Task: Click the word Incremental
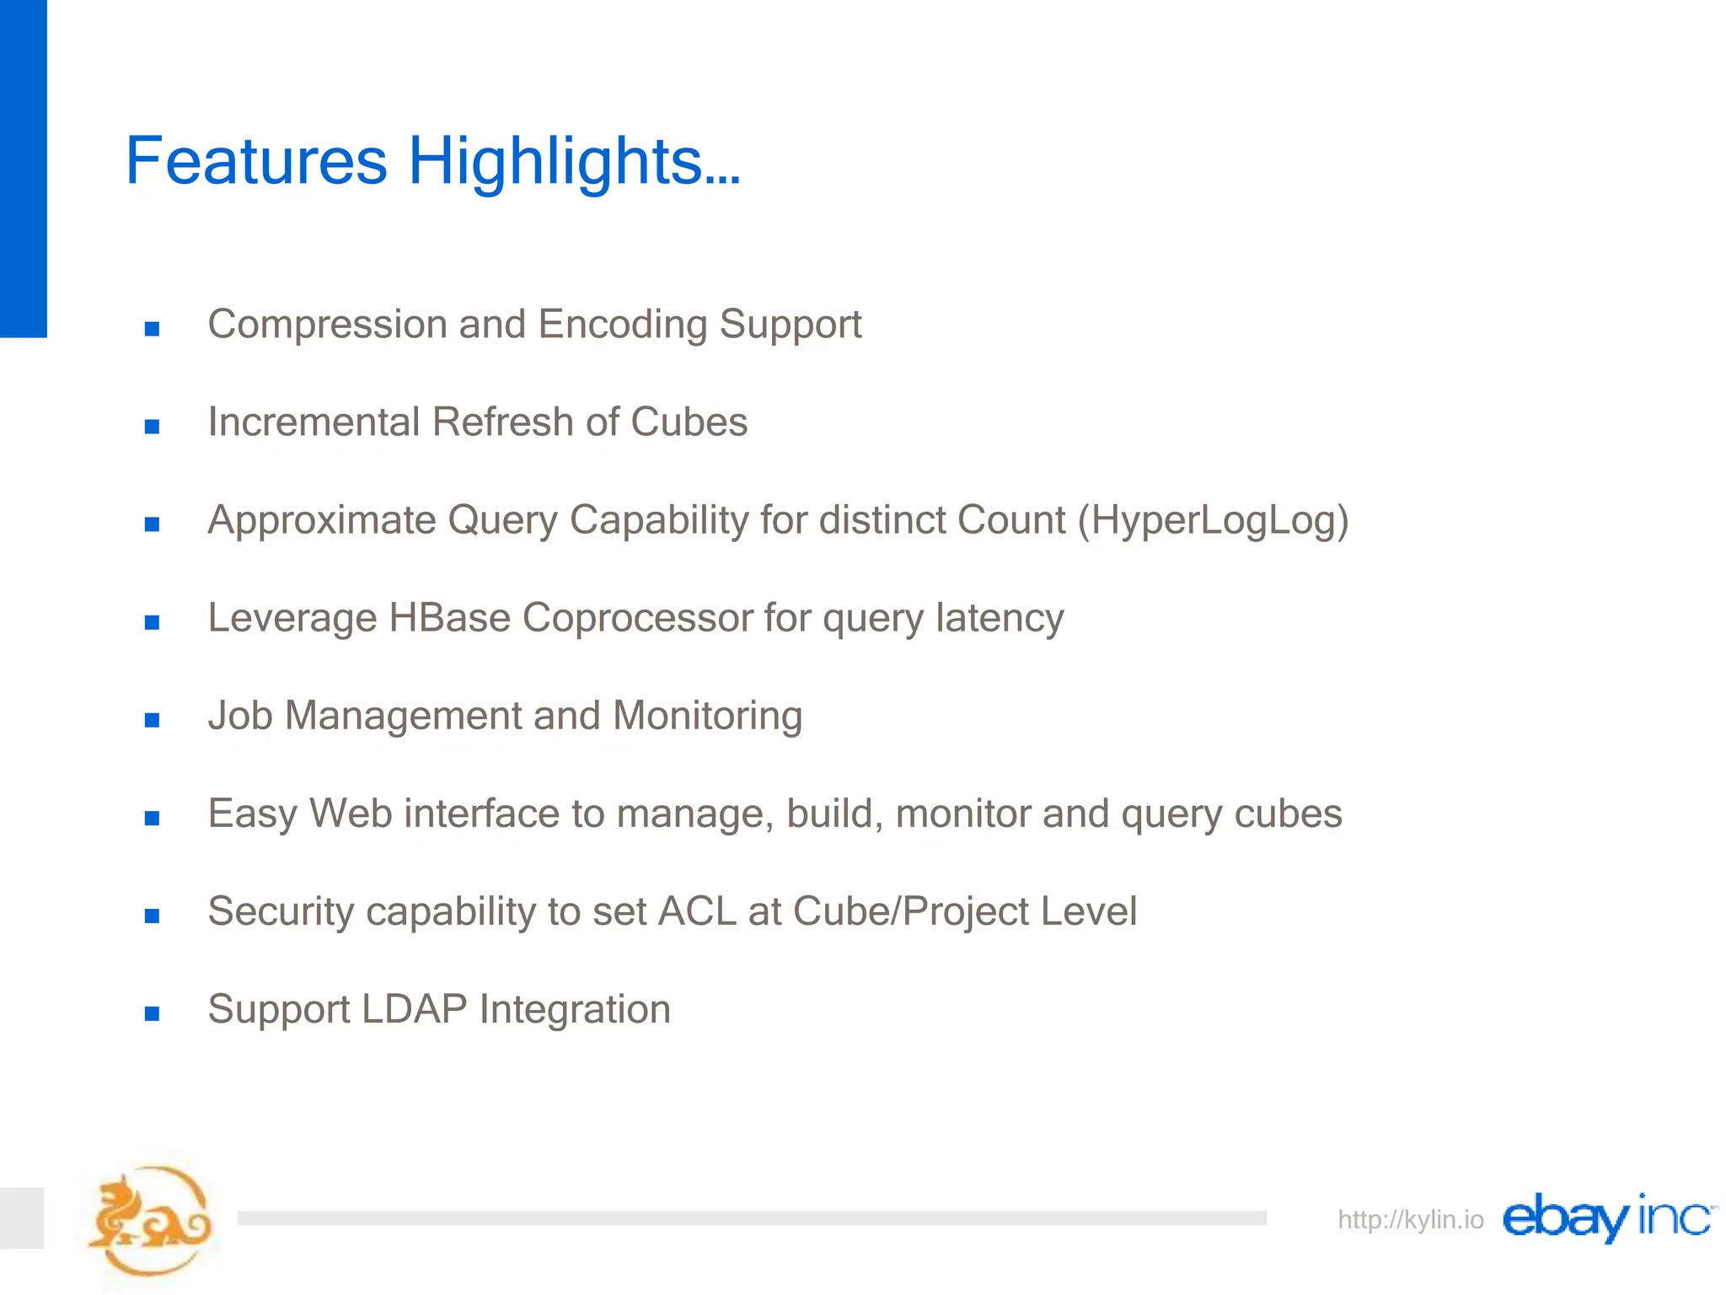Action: tap(314, 422)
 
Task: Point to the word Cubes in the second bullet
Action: tap(689, 422)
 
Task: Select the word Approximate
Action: tap(321, 521)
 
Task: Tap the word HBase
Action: tap(449, 618)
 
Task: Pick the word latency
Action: tap(1000, 618)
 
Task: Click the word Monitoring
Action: tap(707, 716)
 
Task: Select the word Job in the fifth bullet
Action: tap(240, 716)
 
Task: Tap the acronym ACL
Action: tap(697, 911)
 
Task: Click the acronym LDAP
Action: tap(414, 1009)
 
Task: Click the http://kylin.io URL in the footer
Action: tap(1410, 1220)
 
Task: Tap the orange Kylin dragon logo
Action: tap(150, 1221)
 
